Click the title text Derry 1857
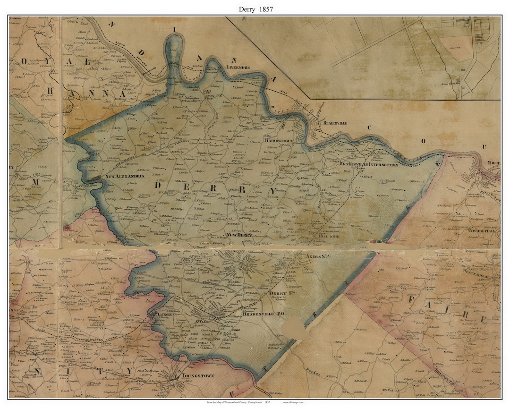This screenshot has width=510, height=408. click(x=255, y=8)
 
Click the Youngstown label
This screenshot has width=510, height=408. click(x=197, y=376)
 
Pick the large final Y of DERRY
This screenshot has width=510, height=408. click(x=271, y=190)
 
